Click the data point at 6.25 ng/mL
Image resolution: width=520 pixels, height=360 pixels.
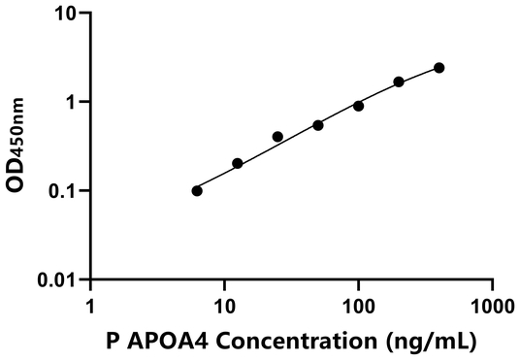pyautogui.click(x=197, y=190)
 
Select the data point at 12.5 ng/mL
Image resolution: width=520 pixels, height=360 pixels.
pyautogui.click(x=238, y=163)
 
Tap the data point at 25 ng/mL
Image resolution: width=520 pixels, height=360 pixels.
pyautogui.click(x=277, y=137)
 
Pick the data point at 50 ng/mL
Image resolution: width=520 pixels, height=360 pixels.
pyautogui.click(x=318, y=125)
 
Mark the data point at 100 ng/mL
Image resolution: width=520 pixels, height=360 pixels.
pyautogui.click(x=358, y=106)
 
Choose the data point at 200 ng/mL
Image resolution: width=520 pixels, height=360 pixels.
pyautogui.click(x=399, y=82)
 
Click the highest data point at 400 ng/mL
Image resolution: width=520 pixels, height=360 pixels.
pyautogui.click(x=439, y=68)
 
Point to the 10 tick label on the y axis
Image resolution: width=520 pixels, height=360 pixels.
pyautogui.click(x=65, y=14)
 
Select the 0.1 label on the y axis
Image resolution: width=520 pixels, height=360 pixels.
pyautogui.click(x=63, y=191)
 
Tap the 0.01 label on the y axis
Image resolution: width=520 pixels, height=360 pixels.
pyautogui.click(x=58, y=280)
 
